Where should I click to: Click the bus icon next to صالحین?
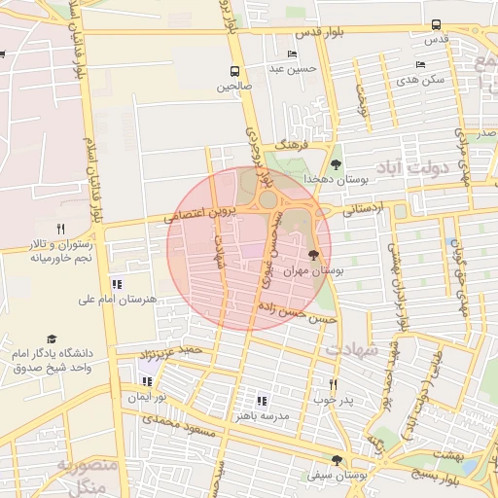pos(234,71)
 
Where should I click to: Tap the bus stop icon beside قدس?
pos(436,25)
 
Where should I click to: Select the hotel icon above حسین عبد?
pos(293,53)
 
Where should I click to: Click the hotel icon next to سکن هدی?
pos(420,64)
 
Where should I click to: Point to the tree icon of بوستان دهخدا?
pos(336,164)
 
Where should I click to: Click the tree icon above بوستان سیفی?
pos(337,459)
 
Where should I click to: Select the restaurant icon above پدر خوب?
pos(333,383)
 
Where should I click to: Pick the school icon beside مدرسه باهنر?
pos(261,400)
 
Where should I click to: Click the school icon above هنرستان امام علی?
pos(117,284)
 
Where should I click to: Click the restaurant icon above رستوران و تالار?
pos(60,228)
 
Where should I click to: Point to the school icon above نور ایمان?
pos(146,382)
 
